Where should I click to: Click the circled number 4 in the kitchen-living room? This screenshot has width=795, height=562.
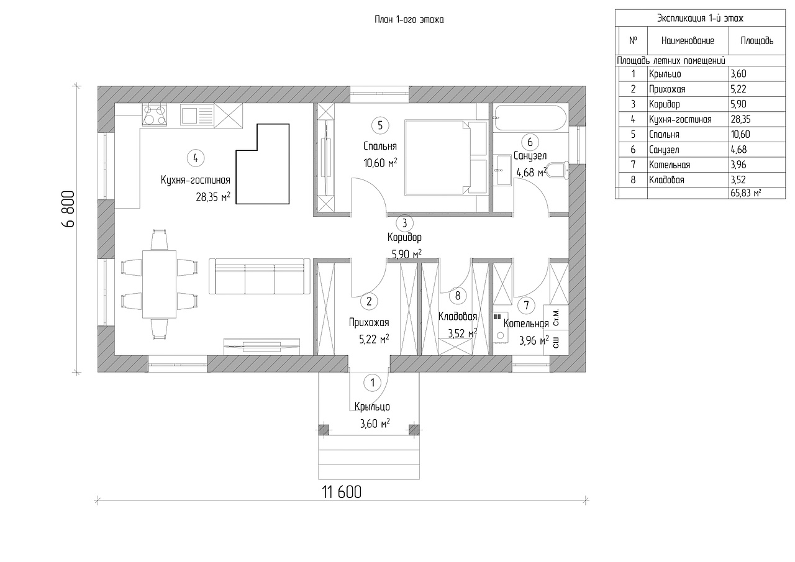196,158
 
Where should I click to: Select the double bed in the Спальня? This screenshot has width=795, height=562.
445,158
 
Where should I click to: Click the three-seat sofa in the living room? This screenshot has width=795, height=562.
260,276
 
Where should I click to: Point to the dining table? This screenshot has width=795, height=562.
160,284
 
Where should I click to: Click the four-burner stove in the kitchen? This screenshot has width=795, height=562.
155,115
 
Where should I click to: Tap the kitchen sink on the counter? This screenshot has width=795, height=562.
197,115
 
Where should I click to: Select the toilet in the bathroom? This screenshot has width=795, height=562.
557,171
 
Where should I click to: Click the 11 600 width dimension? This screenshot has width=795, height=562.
342,492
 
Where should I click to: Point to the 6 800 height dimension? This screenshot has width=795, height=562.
68,209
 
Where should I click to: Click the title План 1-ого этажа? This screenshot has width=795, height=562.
409,19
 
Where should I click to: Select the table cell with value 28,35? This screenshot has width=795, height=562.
740,119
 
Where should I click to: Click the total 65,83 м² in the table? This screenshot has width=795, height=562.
746,193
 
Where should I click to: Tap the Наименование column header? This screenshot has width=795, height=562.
688,41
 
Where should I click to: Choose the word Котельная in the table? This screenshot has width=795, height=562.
670,165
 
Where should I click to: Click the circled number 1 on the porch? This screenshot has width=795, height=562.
373,383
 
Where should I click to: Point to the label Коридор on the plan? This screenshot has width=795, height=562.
404,237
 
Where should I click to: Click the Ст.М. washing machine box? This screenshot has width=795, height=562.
556,317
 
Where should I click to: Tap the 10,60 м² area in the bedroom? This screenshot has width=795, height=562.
380,163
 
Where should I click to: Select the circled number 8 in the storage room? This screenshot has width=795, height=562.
458,296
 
